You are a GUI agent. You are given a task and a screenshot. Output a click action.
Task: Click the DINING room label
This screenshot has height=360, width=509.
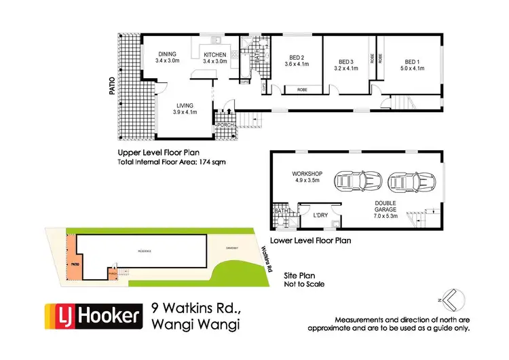coord(167,54)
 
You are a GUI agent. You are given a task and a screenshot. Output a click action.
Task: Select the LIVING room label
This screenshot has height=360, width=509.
coord(185,106)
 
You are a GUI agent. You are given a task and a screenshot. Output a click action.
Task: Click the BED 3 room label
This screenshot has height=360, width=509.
coord(345,59)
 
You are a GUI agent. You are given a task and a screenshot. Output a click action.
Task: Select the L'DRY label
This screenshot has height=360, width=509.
coord(320,215)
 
